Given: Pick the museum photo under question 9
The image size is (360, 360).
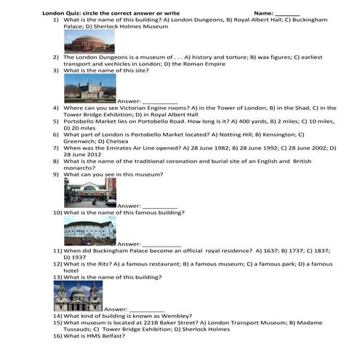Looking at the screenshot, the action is (x=89, y=193).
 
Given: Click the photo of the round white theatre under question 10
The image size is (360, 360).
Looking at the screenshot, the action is (x=89, y=231).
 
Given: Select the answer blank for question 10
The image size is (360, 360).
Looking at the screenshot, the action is (x=161, y=244).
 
